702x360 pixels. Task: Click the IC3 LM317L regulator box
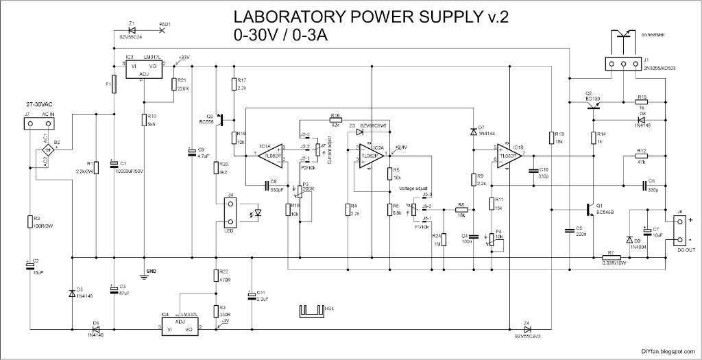143,69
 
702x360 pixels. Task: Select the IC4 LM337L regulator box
180,325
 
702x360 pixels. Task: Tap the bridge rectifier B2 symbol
49,149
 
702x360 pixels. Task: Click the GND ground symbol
145,272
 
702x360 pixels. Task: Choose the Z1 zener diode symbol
132,29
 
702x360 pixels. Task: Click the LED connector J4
230,213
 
